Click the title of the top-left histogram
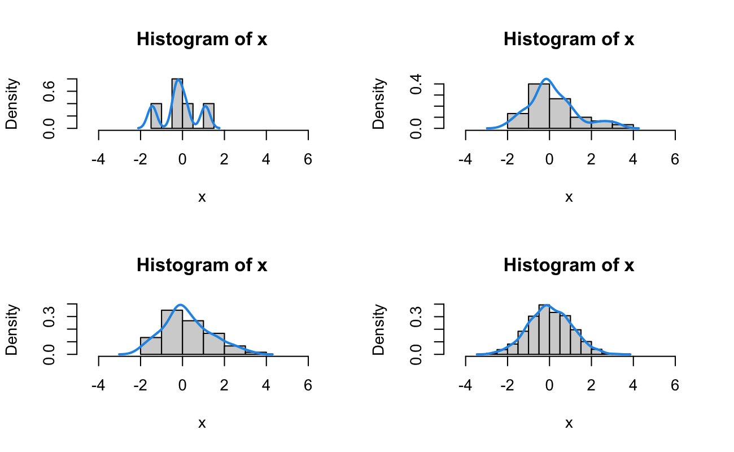click(x=202, y=40)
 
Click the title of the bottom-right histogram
click(x=569, y=265)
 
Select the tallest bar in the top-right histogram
click(x=539, y=106)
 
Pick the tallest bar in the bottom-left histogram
click(x=172, y=332)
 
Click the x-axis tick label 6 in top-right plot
click(x=675, y=159)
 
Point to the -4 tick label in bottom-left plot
click(x=99, y=385)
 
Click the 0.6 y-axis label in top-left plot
click(x=50, y=90)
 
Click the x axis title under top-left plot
click(x=202, y=197)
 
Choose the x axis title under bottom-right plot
click(x=569, y=423)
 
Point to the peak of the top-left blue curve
click(x=178, y=80)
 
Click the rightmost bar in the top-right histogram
click(x=623, y=126)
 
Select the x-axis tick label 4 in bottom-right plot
click(x=633, y=385)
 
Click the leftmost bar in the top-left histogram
click(x=156, y=116)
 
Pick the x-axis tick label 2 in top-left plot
click(x=224, y=159)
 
